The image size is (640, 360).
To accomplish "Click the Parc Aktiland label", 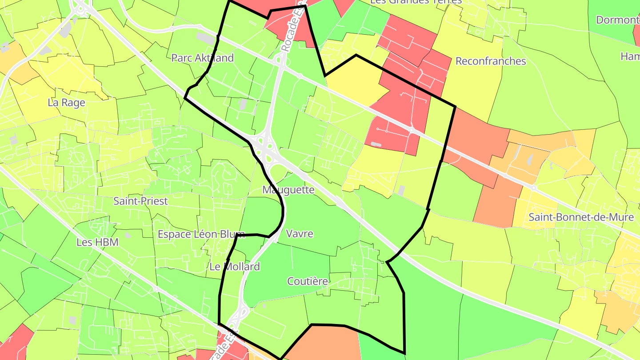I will (x=202, y=58).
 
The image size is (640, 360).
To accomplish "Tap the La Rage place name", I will (x=66, y=103).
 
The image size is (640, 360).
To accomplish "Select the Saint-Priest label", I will (x=140, y=201).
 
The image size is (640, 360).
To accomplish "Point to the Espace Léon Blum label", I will (x=201, y=234).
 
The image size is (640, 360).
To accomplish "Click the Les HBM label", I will (x=97, y=242).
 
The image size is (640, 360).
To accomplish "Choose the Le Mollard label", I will (x=235, y=267).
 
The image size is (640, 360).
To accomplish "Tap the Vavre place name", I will (x=300, y=233).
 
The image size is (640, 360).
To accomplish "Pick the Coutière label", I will (x=308, y=281).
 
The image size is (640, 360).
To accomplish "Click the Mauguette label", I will (x=288, y=190).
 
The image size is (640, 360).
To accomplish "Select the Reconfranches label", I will (x=491, y=61).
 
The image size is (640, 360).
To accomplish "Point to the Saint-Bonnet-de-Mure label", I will (x=581, y=217).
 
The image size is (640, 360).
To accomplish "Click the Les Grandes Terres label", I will (x=416, y=2).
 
